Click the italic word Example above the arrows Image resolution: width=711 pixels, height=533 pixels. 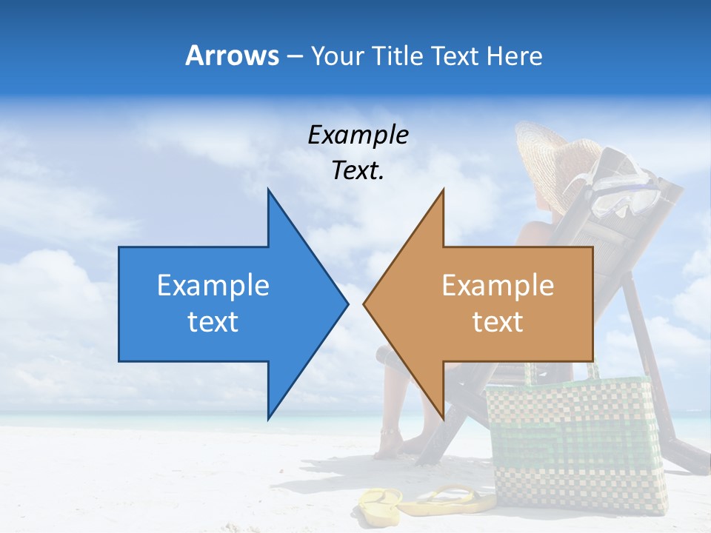(x=358, y=135)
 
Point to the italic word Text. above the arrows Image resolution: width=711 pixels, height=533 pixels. (x=358, y=170)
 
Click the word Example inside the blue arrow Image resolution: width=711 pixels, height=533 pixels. (x=213, y=285)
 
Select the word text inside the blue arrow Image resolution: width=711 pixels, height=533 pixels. (x=213, y=322)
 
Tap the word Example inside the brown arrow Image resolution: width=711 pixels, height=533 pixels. (x=498, y=285)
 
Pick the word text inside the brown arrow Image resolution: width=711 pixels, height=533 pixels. (x=498, y=322)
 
